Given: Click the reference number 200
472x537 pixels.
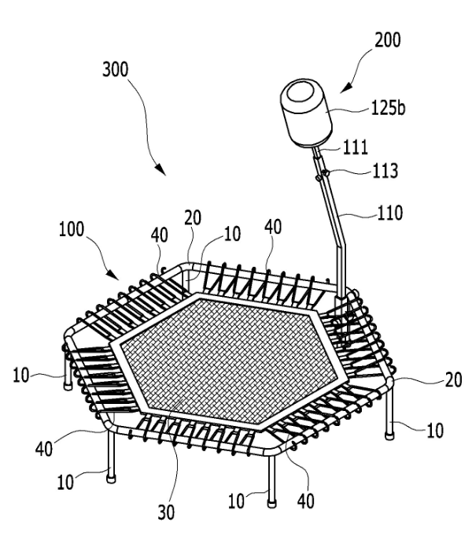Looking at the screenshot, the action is pos(388,40).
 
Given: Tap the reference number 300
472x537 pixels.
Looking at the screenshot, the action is pos(116,69).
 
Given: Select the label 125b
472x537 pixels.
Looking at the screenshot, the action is pos(388,108).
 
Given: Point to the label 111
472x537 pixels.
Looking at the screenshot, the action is pos(356,147).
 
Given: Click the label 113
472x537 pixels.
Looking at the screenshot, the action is pos(385,170).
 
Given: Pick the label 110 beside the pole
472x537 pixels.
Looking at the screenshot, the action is pos(390,213).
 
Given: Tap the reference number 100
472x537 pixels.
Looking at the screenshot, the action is pos(72,229).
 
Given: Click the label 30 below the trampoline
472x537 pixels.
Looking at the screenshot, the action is pos(166,513).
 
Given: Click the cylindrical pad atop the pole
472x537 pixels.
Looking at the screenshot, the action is pos(306,113).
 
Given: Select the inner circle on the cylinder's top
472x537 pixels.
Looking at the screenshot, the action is pos(301,92).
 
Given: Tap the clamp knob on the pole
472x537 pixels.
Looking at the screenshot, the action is pos(326,173).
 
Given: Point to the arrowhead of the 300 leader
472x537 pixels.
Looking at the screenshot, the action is pos(160,169).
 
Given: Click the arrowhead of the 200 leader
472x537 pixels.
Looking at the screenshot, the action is pos(345,87).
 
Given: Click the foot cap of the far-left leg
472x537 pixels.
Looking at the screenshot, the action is pos(68,387).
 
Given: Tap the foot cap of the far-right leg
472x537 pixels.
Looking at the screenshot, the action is pos(389,436).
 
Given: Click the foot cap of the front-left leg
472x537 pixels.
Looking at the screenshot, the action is pos(111,479).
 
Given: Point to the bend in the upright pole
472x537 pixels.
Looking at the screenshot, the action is pos(341,246).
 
